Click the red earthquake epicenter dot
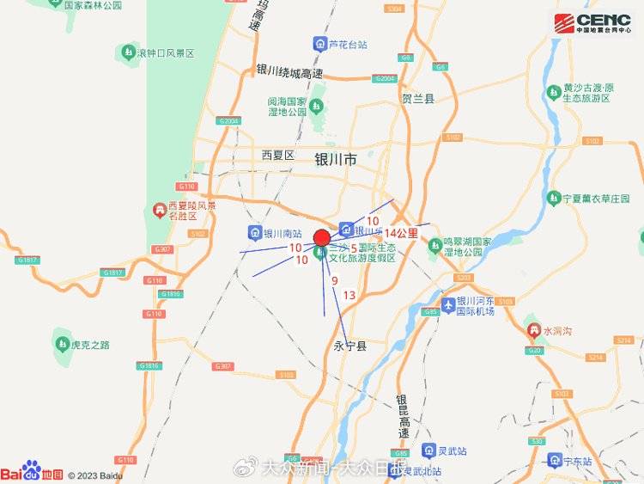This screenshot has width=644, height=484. (321, 237)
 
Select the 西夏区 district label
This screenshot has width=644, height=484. (278, 155)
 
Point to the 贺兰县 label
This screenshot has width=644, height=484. (418, 99)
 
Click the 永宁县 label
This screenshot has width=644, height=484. (349, 346)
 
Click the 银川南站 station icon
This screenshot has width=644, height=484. (254, 232)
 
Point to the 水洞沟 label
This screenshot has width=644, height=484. (557, 330)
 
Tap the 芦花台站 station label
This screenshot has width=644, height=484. (348, 44)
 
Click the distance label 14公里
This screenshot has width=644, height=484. (401, 233)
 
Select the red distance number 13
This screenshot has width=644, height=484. (349, 295)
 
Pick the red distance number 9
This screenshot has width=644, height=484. (334, 280)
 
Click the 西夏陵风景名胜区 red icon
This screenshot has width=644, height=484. (159, 210)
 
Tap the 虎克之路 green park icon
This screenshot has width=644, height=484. (63, 344)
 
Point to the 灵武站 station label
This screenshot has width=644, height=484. (455, 450)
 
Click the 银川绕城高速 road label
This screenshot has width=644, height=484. (289, 73)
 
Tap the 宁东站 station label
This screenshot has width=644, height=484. (577, 462)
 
